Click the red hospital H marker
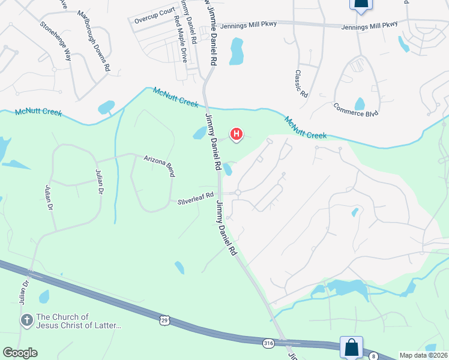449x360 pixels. tap(237, 134)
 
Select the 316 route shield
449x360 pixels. tap(268, 343)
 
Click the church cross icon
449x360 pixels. tap(26, 320)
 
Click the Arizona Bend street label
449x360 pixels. tap(159, 166)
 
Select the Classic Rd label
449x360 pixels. tap(301, 83)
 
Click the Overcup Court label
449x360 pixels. tap(153, 16)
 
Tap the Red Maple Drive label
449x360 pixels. tap(180, 40)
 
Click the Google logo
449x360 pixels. tap(20, 353)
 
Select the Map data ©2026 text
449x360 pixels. tap(423, 355)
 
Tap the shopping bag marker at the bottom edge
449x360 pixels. tap(351, 347)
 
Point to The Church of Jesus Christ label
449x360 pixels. tap(79, 321)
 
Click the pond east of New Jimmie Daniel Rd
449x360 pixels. tap(237, 52)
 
